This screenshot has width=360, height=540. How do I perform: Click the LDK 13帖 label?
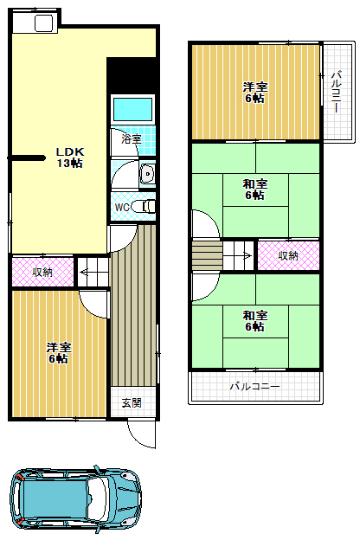[x=70, y=157]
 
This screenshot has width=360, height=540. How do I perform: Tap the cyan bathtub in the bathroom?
[x=132, y=109]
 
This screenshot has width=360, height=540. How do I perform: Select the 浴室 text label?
[x=132, y=139]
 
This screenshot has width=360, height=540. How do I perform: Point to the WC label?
[x=122, y=208]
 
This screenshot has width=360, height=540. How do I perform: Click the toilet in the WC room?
[x=144, y=207]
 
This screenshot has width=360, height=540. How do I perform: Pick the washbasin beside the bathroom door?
[x=147, y=174]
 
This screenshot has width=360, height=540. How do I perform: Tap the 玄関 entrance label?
[x=132, y=402]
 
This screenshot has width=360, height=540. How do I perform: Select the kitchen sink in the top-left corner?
[x=44, y=23]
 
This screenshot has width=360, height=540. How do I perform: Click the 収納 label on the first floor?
[x=42, y=272]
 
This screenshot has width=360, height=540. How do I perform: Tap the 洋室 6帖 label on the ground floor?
[x=59, y=353]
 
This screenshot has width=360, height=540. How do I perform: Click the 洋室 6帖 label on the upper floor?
[x=255, y=93]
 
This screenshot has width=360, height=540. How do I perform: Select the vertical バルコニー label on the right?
[x=337, y=91]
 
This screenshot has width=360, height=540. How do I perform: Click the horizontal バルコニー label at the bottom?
[x=254, y=387]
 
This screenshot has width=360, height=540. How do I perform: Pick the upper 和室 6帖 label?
[x=255, y=190]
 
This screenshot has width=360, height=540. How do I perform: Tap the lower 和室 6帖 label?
[x=255, y=320]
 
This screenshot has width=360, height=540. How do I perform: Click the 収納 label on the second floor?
[x=288, y=255]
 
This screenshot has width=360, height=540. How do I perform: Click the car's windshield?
[x=97, y=498]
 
